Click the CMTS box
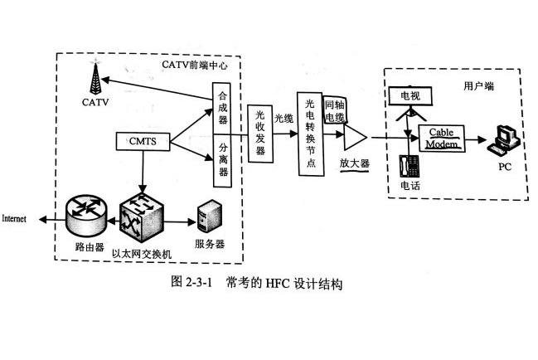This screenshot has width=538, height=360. click(x=143, y=142)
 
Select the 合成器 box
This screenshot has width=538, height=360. click(x=222, y=107)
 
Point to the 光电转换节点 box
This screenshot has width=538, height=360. click(x=310, y=134)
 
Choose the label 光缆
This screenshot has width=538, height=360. click(x=284, y=119)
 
